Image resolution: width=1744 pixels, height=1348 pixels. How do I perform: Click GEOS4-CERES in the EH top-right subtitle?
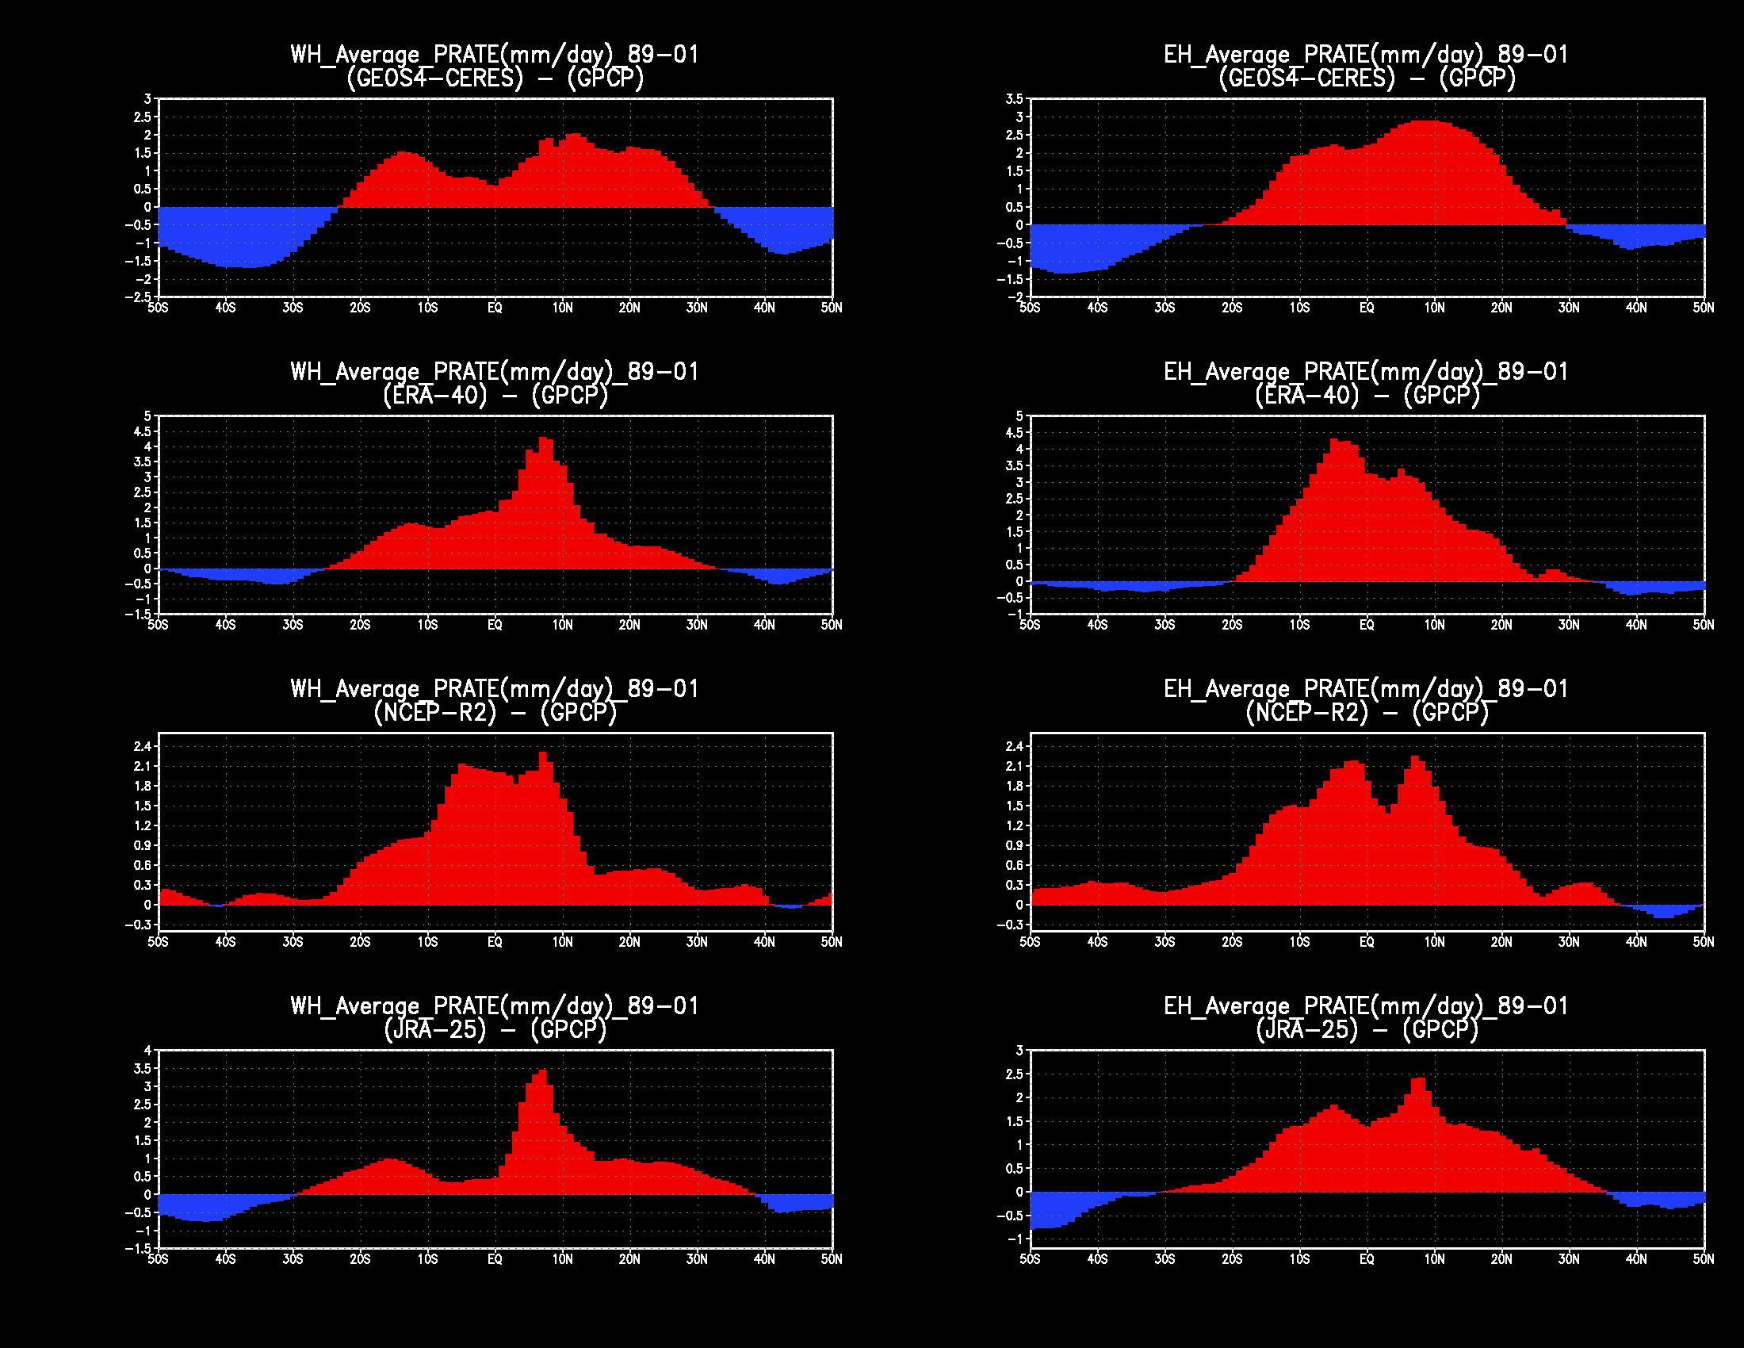pyautogui.click(x=1306, y=79)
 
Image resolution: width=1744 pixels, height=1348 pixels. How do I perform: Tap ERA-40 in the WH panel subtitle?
pyautogui.click(x=435, y=396)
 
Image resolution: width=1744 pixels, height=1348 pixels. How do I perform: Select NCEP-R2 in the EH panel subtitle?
pyautogui.click(x=1306, y=712)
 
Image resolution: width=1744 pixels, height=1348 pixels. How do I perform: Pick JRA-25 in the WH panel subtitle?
pyautogui.click(x=435, y=1029)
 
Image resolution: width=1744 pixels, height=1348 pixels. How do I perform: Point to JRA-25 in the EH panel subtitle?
pyautogui.click(x=1306, y=1029)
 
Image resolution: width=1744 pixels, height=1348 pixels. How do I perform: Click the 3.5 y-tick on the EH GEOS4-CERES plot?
pyautogui.click(x=1014, y=99)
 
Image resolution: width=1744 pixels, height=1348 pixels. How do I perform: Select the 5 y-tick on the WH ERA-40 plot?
pyautogui.click(x=147, y=416)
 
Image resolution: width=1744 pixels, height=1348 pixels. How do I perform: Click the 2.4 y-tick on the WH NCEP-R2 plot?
pyautogui.click(x=142, y=747)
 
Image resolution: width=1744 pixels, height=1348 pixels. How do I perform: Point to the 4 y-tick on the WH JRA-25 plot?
pyautogui.click(x=147, y=1050)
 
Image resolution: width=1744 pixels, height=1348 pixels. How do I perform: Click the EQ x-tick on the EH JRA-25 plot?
pyautogui.click(x=1367, y=1259)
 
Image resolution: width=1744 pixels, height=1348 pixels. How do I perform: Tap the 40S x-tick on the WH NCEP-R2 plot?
pyautogui.click(x=225, y=942)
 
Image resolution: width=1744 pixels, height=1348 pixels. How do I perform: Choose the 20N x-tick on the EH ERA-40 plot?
pyautogui.click(x=1501, y=626)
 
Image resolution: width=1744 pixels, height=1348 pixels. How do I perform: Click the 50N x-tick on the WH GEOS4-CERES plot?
pyautogui.click(x=832, y=308)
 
